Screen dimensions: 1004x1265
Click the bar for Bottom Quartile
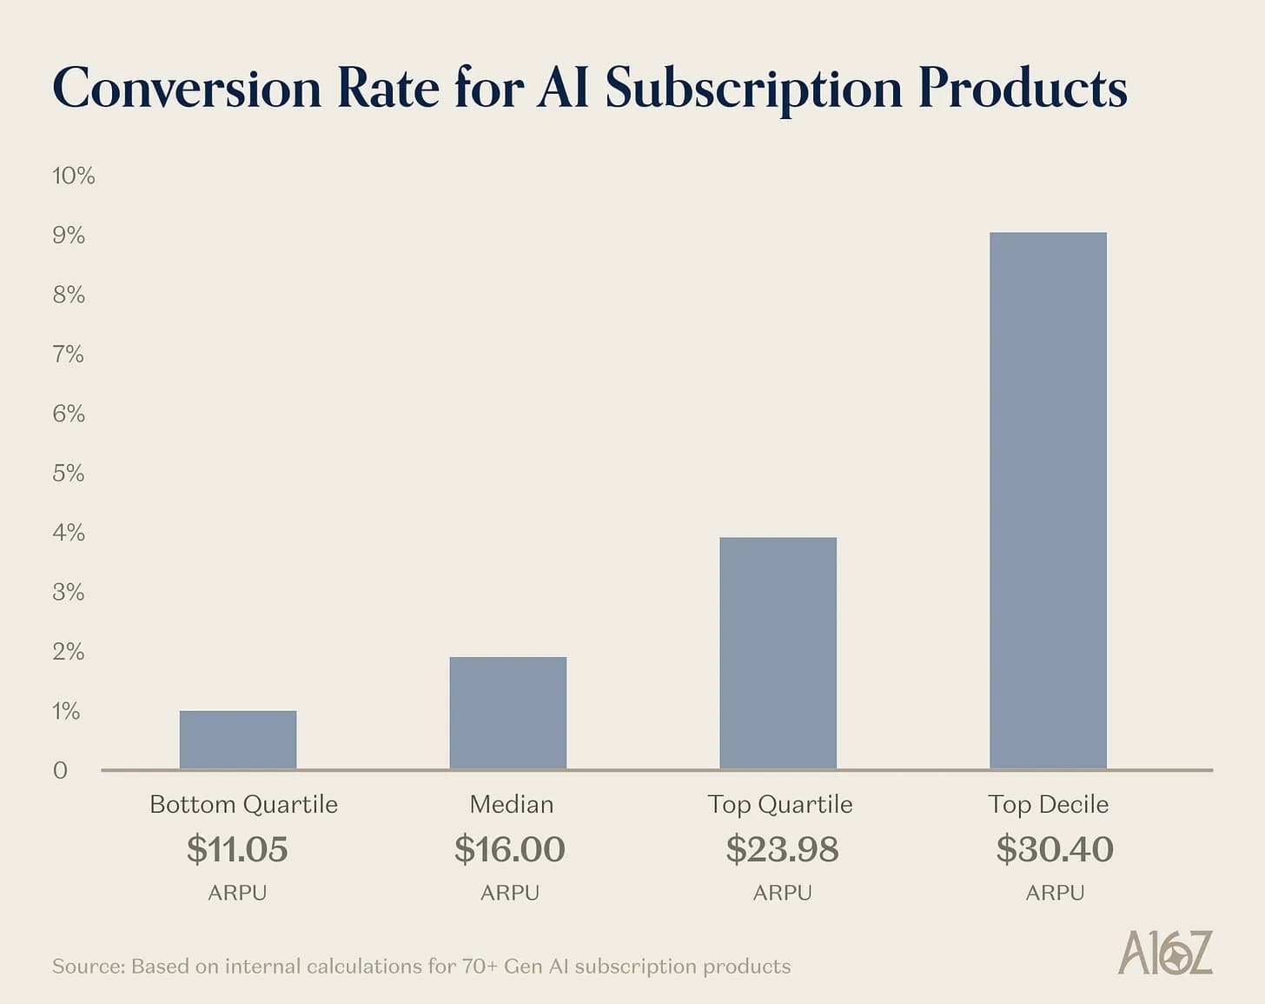point(238,740)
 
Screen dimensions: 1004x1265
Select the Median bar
point(508,713)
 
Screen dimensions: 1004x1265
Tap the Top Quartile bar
point(778,653)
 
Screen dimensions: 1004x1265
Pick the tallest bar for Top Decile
point(1048,501)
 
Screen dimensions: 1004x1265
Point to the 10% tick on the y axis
point(73,176)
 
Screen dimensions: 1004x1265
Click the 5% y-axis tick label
point(69,473)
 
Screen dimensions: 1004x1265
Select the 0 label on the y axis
point(60,770)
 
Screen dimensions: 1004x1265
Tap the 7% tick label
point(69,354)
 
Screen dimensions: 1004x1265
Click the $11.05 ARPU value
point(237,849)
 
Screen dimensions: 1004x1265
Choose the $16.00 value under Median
point(510,849)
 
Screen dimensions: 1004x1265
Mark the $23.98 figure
point(782,849)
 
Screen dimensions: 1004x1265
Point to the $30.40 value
point(1055,849)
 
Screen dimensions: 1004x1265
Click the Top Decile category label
point(1048,804)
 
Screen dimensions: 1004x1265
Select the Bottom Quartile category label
point(243,804)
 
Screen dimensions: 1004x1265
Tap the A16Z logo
point(1165,953)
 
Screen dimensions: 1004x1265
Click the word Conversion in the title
point(187,89)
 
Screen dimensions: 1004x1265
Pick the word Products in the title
point(1022,89)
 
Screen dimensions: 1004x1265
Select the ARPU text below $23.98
point(782,893)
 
